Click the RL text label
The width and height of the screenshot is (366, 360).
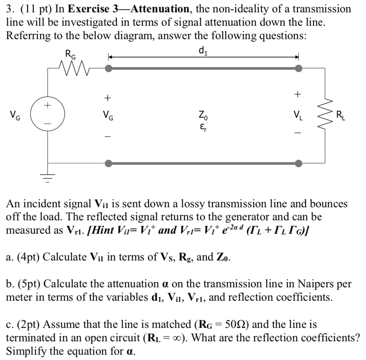pos(340,114)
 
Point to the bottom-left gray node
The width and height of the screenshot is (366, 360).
pos(109,164)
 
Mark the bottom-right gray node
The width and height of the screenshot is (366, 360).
pos(298,164)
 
